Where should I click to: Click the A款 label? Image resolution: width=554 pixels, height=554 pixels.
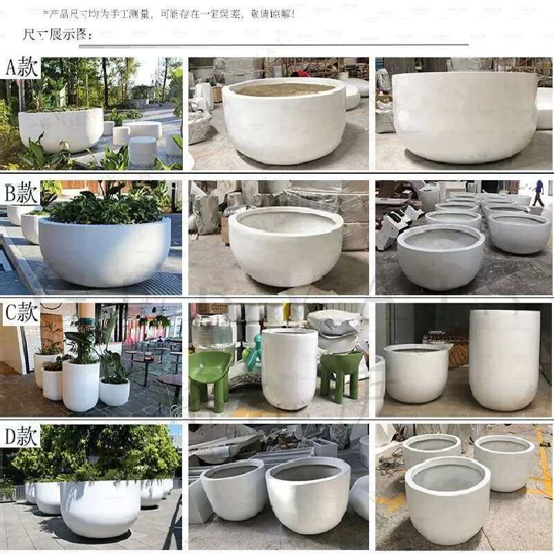pyautogui.click(x=21, y=68)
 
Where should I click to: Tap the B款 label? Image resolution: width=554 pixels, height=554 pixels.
pyautogui.click(x=21, y=193)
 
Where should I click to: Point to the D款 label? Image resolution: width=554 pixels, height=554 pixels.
pyautogui.click(x=21, y=436)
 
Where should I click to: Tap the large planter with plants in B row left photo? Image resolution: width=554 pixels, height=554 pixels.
pyautogui.click(x=104, y=249)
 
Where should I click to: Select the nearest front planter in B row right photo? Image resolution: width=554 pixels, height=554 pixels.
pyautogui.click(x=440, y=256)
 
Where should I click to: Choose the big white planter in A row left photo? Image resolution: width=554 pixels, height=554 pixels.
pyautogui.click(x=61, y=129)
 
